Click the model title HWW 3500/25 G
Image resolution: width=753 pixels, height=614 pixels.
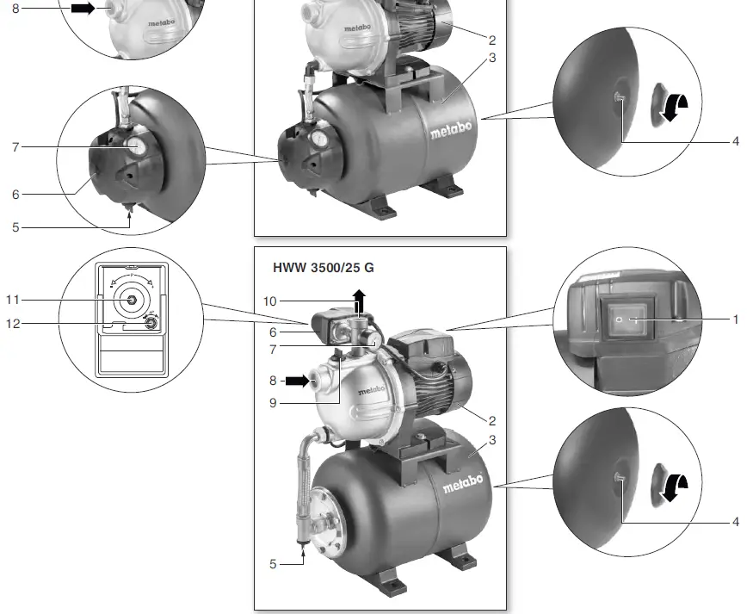coord(324,268)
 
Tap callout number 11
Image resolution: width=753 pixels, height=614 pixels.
coord(13,300)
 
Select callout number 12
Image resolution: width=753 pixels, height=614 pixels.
coord(13,324)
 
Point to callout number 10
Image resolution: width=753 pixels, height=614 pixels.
coord(270,301)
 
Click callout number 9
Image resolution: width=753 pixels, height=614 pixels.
coord(273,403)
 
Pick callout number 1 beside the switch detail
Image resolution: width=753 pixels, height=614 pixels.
coord(735,319)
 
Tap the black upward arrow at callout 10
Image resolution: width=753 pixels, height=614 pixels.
coord(359,301)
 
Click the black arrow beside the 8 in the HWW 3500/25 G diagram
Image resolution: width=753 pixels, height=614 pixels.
coord(298,381)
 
